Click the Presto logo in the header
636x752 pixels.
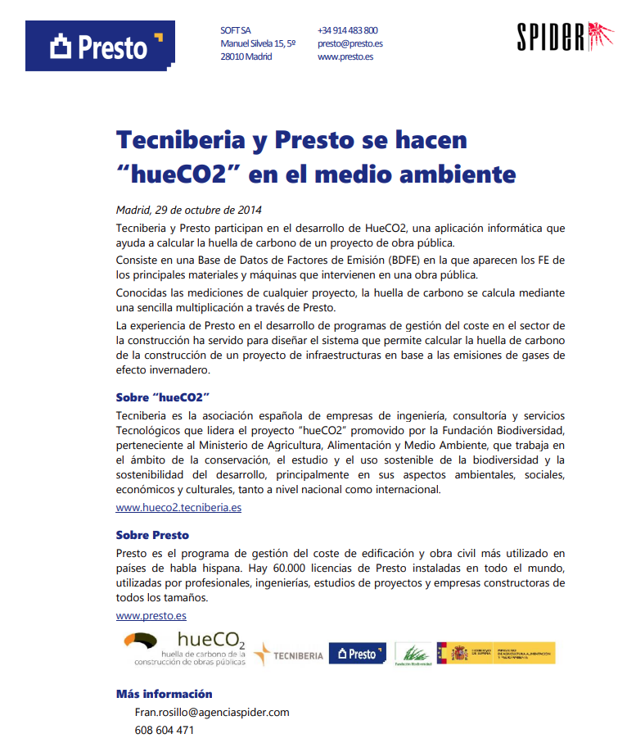click(x=100, y=46)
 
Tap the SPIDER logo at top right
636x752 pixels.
click(x=566, y=36)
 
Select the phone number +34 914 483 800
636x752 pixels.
click(x=347, y=30)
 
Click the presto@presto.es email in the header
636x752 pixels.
click(x=350, y=43)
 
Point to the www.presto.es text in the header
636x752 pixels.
click(x=345, y=57)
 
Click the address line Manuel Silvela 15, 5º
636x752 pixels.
click(x=258, y=43)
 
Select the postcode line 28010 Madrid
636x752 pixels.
click(x=246, y=57)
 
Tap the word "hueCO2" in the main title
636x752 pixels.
click(x=178, y=174)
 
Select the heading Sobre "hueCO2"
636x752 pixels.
click(x=164, y=398)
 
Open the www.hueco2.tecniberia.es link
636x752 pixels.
click(x=178, y=507)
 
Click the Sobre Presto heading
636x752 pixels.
click(x=152, y=535)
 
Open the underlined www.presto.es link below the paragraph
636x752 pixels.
click(x=151, y=615)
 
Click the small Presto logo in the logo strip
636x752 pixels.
click(x=357, y=654)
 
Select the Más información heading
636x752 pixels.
click(x=164, y=694)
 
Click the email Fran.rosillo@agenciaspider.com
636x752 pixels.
click(x=212, y=712)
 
